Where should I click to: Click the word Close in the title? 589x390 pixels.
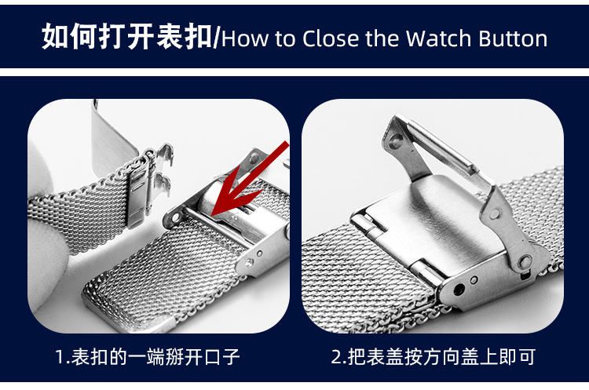[331, 38]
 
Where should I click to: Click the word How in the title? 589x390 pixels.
[245, 38]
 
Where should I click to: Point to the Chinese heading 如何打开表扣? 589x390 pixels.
[127, 36]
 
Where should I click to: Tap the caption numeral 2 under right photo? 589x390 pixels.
[336, 356]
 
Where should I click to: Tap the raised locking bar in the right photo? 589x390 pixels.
[443, 150]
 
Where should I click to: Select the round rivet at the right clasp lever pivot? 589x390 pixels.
[525, 261]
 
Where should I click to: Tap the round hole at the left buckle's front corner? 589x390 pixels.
[175, 217]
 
